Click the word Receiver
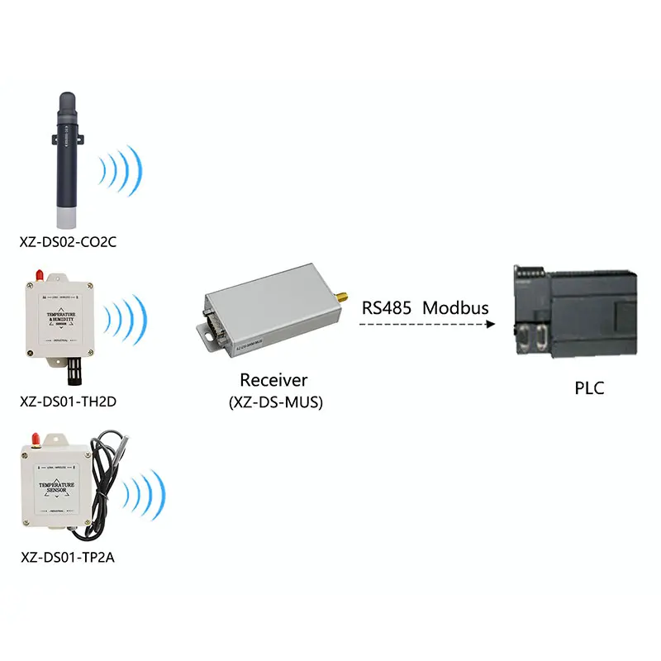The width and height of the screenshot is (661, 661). click(273, 381)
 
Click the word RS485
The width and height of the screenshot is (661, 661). click(385, 308)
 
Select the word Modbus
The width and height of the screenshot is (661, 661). click(456, 308)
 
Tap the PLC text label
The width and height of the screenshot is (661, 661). click(589, 388)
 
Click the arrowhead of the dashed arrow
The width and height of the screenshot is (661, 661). click(490, 326)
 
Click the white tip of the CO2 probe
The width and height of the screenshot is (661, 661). click(65, 217)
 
